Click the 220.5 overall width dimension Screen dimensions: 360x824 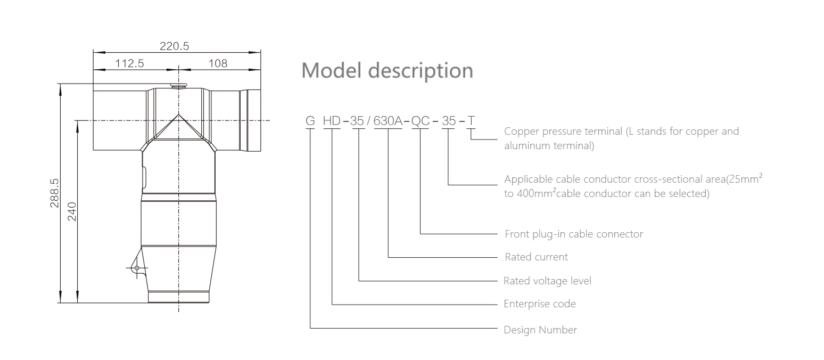(175, 46)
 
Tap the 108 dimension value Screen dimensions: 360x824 (218, 63)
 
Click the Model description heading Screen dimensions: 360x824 (387, 70)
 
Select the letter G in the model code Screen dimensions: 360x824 (310, 121)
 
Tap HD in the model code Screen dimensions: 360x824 (332, 121)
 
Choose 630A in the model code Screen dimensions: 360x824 (388, 121)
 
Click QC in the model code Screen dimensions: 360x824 (421, 121)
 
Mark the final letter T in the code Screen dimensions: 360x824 (471, 121)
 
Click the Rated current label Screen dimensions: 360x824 (536, 257)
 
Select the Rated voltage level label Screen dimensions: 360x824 (547, 281)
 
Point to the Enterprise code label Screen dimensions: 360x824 (540, 304)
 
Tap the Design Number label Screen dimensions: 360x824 (540, 330)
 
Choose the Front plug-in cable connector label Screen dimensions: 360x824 (573, 234)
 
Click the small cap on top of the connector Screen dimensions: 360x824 (178, 85)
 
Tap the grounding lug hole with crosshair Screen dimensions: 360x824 (137, 268)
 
